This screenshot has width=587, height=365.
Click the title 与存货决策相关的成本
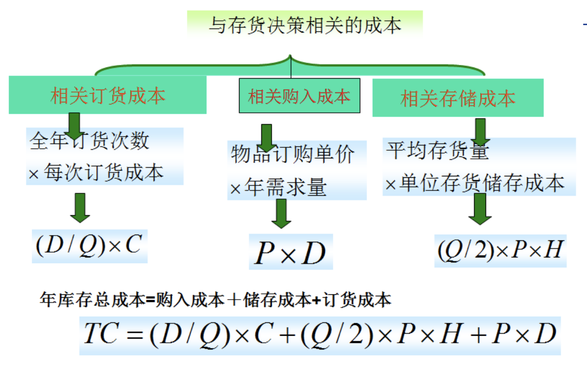tap(304, 25)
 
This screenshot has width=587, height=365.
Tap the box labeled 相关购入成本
tap(299, 97)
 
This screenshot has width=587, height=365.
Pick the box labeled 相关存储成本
tap(458, 99)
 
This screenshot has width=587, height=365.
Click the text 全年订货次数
tap(90, 141)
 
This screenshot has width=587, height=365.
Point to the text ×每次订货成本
tap(96, 173)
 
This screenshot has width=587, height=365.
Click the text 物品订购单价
tap(293, 155)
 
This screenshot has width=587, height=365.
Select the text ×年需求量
tap(278, 188)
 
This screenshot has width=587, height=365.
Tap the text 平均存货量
tap(437, 151)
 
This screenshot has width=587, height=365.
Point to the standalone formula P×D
tap(290, 253)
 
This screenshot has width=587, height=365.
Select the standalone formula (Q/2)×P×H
tap(500, 251)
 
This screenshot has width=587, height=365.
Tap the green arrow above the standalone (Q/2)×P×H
tap(480, 208)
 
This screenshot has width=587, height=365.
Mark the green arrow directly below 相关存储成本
tap(480, 131)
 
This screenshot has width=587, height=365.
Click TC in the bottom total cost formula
tap(100, 335)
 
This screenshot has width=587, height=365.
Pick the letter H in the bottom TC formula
tap(449, 335)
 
